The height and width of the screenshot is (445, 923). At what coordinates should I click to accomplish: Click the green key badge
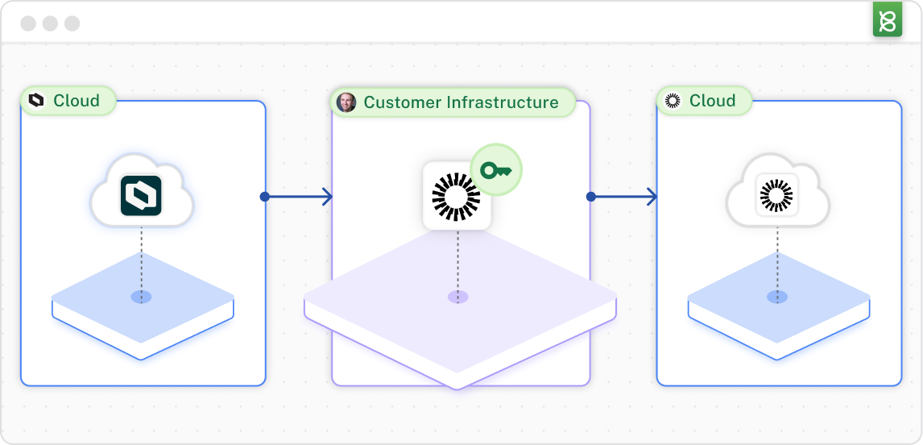point(496,170)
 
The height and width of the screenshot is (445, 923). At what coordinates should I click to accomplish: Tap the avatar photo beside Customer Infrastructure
point(346,102)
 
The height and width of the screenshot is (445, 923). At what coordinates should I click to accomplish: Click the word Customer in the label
point(401,102)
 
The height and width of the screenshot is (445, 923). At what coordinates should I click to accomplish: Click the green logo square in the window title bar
point(887,20)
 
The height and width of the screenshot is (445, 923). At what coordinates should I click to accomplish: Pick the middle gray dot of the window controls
point(50,23)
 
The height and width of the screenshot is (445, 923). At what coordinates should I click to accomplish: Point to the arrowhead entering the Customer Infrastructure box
point(327,197)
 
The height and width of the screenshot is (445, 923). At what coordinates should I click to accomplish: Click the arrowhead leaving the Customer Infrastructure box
point(652,197)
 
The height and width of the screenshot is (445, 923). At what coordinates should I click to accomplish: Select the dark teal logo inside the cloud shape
point(141,196)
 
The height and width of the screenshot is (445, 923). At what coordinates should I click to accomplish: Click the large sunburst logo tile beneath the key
point(457,196)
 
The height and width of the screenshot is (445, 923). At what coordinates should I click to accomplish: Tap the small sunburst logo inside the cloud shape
point(776,196)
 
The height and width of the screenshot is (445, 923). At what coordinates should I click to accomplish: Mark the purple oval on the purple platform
point(457,297)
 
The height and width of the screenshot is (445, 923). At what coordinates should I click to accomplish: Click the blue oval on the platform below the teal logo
point(141,297)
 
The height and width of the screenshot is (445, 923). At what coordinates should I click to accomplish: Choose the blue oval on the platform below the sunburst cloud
point(776,297)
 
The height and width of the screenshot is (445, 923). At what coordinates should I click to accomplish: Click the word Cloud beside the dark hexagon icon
point(77,101)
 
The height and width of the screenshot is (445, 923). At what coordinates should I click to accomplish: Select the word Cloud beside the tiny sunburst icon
point(713,101)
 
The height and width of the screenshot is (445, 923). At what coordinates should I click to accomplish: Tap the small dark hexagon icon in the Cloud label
point(35,101)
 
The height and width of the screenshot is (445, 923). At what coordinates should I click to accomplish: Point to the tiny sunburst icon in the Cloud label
point(673,101)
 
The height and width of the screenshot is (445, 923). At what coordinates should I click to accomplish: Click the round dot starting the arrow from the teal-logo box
point(264,197)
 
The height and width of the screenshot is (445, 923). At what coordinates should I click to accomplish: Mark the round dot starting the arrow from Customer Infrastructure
point(590,197)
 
